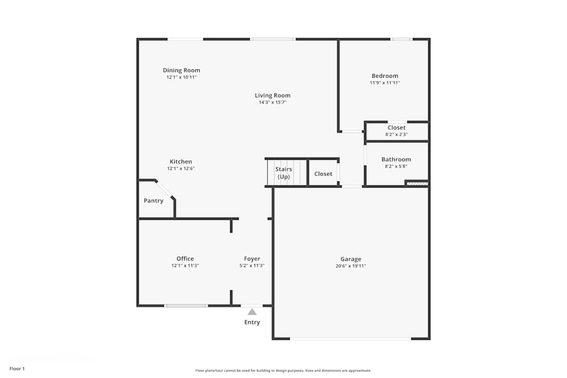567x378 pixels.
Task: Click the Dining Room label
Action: (181, 70)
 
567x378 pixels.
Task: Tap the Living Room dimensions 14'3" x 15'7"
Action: (272, 103)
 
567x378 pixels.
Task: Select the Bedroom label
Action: (385, 76)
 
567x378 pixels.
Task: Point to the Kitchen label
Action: (181, 162)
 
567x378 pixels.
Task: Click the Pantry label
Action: (154, 201)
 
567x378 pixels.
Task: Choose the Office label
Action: (185, 259)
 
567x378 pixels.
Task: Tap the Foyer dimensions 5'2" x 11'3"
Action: (252, 266)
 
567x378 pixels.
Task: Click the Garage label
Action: (351, 259)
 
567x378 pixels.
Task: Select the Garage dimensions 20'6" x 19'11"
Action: (351, 266)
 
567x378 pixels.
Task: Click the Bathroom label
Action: (396, 160)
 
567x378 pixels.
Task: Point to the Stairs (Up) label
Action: (283, 173)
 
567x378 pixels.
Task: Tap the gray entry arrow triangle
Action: (252, 311)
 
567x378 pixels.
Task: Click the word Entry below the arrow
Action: (252, 322)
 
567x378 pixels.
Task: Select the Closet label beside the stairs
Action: (323, 174)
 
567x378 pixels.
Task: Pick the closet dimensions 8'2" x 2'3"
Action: (396, 134)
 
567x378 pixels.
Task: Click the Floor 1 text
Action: (17, 369)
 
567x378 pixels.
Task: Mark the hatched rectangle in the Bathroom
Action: (417, 183)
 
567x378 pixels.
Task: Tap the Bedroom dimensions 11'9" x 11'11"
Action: (385, 83)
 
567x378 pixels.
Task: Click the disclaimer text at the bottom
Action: (283, 370)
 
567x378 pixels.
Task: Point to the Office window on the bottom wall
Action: (186, 306)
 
